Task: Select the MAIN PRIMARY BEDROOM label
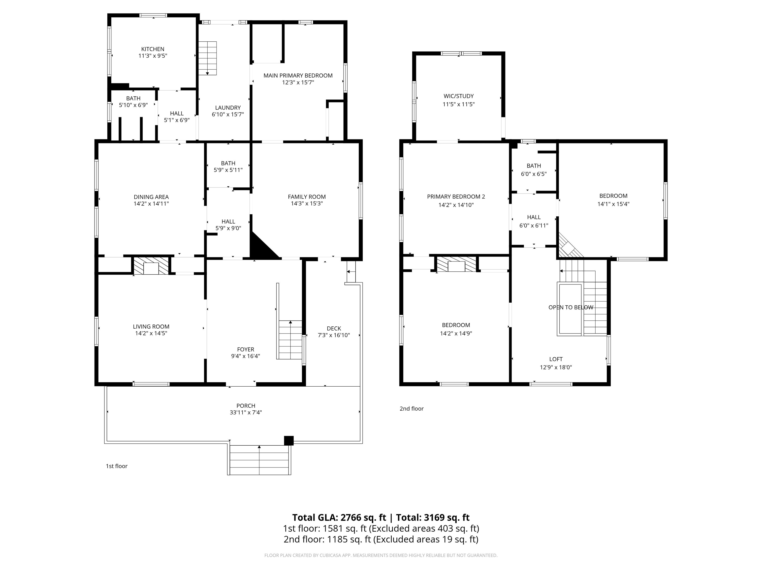coord(298,75)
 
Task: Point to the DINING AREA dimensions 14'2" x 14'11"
coord(151,203)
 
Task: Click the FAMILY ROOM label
coord(307,197)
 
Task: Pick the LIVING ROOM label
coord(151,327)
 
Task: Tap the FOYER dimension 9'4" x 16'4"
coord(246,356)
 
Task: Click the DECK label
coord(334,328)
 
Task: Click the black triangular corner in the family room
coord(260,249)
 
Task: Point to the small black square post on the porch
coord(289,441)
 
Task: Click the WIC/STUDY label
coord(458,96)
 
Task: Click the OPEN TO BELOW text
coord(571,307)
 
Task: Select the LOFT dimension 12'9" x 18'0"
coord(556,367)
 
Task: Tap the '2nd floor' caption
coord(411,408)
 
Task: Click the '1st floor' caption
coord(116,466)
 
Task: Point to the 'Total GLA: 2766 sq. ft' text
coord(339,517)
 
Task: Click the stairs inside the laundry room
coord(207,58)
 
